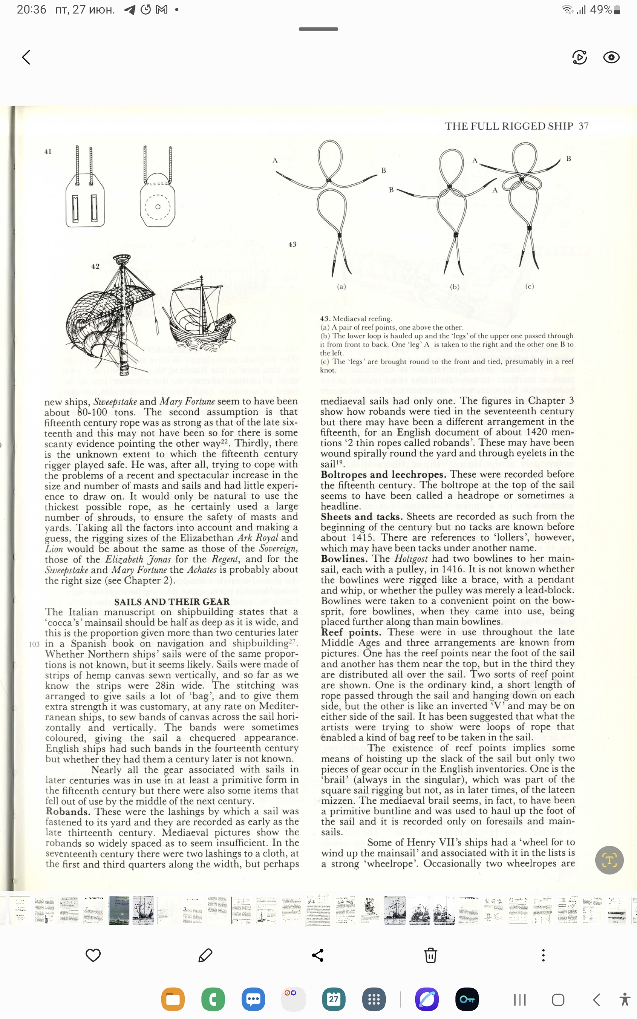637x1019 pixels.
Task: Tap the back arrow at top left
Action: [x=26, y=57]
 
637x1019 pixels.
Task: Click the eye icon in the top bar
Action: [x=611, y=57]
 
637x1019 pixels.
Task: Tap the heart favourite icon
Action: [x=93, y=955]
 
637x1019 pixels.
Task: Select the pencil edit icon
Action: [x=205, y=955]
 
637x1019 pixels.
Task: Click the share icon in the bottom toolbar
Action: [x=318, y=955]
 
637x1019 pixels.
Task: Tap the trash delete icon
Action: [x=430, y=955]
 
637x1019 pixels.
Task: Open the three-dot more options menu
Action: [x=543, y=955]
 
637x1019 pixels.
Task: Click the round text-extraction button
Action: [x=609, y=860]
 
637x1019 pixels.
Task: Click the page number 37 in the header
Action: [x=583, y=126]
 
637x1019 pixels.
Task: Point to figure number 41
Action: [x=48, y=152]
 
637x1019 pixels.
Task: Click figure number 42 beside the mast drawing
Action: [x=96, y=266]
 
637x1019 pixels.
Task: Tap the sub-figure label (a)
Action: [x=341, y=286]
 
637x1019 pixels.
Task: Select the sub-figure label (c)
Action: [x=530, y=286]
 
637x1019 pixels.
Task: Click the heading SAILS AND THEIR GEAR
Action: [x=172, y=602]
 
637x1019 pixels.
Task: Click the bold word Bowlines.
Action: [x=344, y=559]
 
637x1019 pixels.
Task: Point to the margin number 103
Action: [x=34, y=644]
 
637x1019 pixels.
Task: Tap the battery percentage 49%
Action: [x=600, y=10]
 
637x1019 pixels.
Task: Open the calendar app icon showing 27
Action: [x=334, y=999]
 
